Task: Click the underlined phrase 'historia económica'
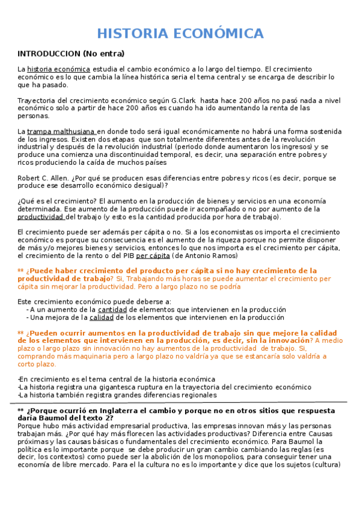pyautogui.click(x=59, y=69)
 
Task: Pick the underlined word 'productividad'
pyautogui.click(x=40, y=217)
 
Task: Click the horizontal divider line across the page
pyautogui.click(x=180, y=402)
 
